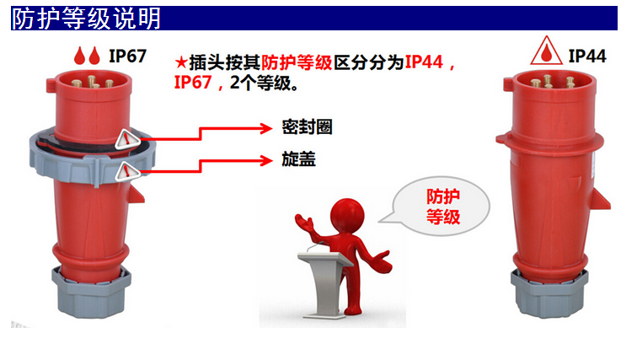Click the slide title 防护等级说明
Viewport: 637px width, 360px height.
click(86, 19)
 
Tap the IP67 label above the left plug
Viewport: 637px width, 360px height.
click(127, 56)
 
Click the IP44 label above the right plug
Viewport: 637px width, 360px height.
click(587, 56)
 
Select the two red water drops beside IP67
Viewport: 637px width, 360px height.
click(87, 56)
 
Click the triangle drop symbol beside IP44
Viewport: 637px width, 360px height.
click(546, 51)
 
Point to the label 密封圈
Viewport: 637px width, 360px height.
click(307, 127)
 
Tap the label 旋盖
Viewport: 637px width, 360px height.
click(298, 159)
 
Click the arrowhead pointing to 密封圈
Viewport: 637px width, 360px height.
click(266, 129)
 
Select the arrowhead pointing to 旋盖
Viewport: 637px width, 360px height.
click(266, 161)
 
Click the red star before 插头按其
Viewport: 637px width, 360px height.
click(181, 63)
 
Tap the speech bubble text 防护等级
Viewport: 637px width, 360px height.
click(443, 207)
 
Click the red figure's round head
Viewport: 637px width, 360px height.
click(347, 214)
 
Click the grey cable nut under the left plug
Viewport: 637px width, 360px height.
click(91, 292)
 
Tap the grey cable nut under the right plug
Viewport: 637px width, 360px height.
click(549, 293)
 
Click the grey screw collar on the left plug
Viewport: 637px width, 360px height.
click(93, 163)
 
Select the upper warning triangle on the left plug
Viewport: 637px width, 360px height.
click(127, 139)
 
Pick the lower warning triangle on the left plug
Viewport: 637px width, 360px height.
click(127, 172)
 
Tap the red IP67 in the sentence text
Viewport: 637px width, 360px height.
click(193, 83)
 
